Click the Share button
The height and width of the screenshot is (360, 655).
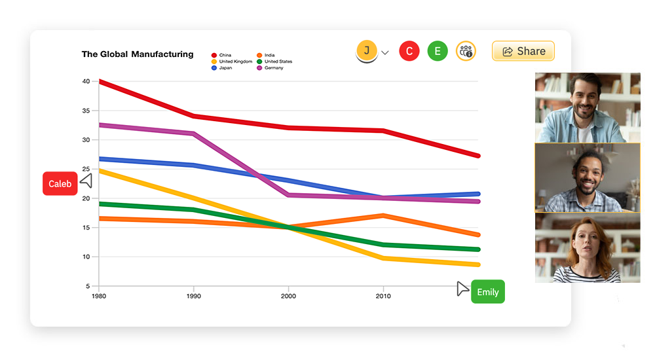tap(523, 51)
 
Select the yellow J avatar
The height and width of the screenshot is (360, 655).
tap(367, 50)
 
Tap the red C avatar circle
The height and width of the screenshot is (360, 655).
tap(409, 51)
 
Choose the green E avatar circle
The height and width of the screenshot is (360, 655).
tap(438, 51)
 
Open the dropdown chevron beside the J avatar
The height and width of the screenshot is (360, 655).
tap(385, 52)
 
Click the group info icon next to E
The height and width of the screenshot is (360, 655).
tap(466, 51)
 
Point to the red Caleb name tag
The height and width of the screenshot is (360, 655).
tap(60, 184)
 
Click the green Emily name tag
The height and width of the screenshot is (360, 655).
tap(487, 292)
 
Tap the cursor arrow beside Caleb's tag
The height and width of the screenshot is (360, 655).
tap(86, 181)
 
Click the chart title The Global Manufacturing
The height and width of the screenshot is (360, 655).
tap(138, 54)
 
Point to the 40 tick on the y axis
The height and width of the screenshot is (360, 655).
tap(86, 81)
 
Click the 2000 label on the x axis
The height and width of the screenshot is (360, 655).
tap(288, 296)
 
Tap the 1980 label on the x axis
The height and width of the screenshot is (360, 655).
tap(99, 296)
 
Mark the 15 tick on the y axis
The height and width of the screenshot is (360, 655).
tap(86, 228)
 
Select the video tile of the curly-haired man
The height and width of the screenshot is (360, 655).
tap(588, 177)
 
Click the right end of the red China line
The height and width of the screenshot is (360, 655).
tap(477, 156)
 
